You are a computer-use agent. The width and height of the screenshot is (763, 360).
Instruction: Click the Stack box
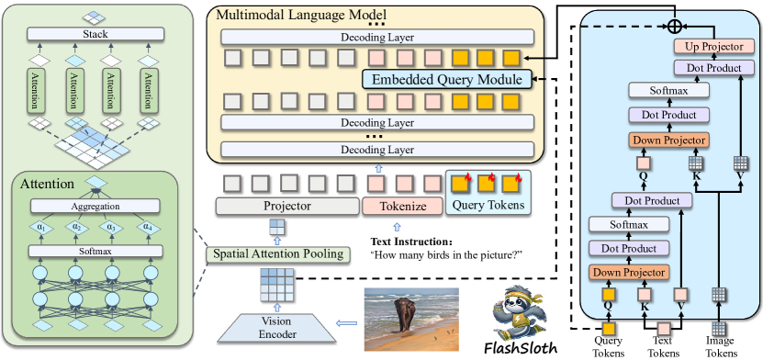(96, 34)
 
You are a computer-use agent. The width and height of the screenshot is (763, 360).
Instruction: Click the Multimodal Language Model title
(298, 14)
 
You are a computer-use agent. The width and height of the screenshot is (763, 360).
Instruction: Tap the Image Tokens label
(720, 345)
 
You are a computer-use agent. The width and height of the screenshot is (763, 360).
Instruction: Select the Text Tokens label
(663, 345)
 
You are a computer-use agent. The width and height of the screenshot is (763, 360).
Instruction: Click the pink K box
(644, 295)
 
